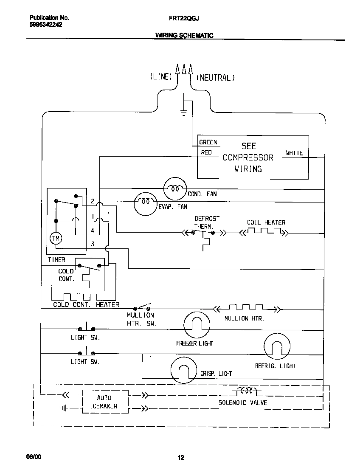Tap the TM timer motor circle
click(x=56, y=239)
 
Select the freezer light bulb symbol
click(x=197, y=325)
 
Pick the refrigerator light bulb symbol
click(x=277, y=346)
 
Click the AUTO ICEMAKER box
click(x=104, y=402)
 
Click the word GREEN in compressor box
click(x=208, y=143)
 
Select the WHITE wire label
click(x=294, y=153)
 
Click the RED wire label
click(x=206, y=152)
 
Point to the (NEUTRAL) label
click(x=215, y=78)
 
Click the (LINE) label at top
click(x=160, y=77)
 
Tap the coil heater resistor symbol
click(x=264, y=231)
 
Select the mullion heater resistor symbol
click(x=246, y=307)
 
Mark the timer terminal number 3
click(x=93, y=244)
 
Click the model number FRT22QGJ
click(x=184, y=18)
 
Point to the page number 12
click(x=180, y=457)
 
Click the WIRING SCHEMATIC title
click(x=184, y=36)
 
